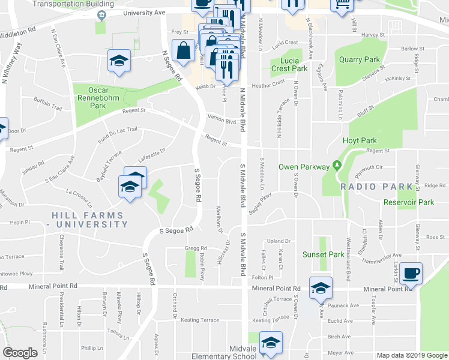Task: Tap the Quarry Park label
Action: (x=360, y=59)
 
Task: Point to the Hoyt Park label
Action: (x=360, y=140)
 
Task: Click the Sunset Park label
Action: (x=323, y=254)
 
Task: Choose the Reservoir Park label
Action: (x=409, y=202)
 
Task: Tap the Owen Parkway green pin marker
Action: (x=337, y=166)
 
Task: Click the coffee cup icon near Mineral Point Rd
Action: (x=411, y=273)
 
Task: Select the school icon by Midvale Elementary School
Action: (x=271, y=342)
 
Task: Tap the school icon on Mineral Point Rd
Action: (x=321, y=287)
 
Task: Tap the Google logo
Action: (x=20, y=353)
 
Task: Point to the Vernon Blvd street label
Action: (x=221, y=118)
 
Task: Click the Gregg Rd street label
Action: (x=196, y=248)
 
